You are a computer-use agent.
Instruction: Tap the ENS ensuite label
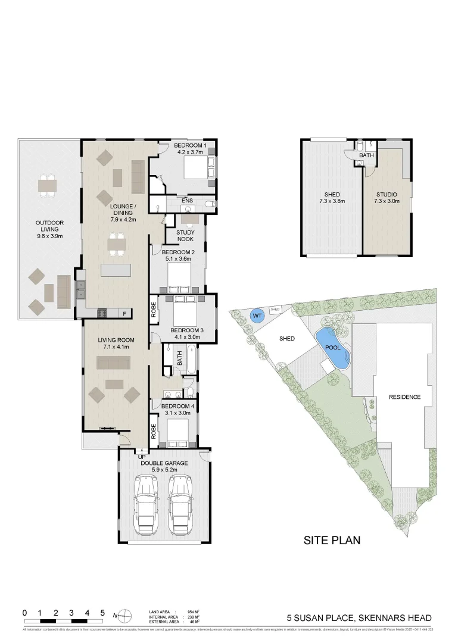click(186, 201)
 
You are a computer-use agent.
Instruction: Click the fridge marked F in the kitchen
click(124, 313)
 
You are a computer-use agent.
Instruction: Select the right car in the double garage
click(181, 498)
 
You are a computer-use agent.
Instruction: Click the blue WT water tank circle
click(257, 316)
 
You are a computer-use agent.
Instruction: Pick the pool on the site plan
click(332, 347)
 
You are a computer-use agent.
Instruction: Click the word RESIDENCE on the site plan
click(404, 397)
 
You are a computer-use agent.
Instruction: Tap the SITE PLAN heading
click(332, 541)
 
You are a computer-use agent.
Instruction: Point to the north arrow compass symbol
click(123, 615)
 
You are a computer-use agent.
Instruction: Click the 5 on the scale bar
click(102, 613)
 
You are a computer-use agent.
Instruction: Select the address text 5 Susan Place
click(359, 618)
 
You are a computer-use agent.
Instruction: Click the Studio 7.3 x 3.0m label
click(386, 198)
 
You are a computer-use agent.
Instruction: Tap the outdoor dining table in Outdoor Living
click(47, 186)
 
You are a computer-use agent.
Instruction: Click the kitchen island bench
click(116, 270)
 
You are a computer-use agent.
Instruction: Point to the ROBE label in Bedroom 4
click(154, 430)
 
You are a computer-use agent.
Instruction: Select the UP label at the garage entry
click(142, 456)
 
